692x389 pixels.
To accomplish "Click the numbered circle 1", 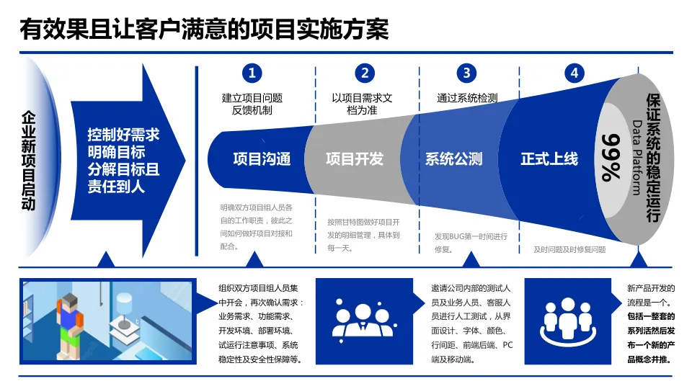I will pyautogui.click(x=252, y=73).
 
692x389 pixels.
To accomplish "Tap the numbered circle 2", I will pyautogui.click(x=365, y=73).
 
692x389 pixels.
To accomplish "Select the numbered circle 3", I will pyautogui.click(x=466, y=73).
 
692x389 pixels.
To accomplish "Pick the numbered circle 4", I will pyautogui.click(x=574, y=73).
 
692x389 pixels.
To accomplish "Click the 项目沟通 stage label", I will pyautogui.click(x=262, y=159).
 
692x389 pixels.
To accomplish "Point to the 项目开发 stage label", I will pyautogui.click(x=355, y=159).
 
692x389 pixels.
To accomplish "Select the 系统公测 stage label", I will pyautogui.click(x=453, y=159).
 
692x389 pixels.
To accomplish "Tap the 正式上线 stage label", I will pyautogui.click(x=549, y=159).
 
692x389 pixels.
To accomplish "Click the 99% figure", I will pyautogui.click(x=611, y=157).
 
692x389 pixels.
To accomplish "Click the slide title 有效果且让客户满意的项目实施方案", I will pyautogui.click(x=204, y=30).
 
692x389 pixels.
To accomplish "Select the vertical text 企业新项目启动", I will pyautogui.click(x=29, y=160).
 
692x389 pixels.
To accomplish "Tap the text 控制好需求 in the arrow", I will pyautogui.click(x=123, y=135).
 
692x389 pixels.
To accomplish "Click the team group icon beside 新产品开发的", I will pyautogui.click(x=573, y=321).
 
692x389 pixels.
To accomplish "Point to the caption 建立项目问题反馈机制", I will pyautogui.click(x=252, y=104).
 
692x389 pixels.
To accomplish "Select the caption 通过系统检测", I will pyautogui.click(x=467, y=98).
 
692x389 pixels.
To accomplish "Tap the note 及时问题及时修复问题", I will pyautogui.click(x=569, y=250).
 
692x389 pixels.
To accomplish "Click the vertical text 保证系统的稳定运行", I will pyautogui.click(x=653, y=157).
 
